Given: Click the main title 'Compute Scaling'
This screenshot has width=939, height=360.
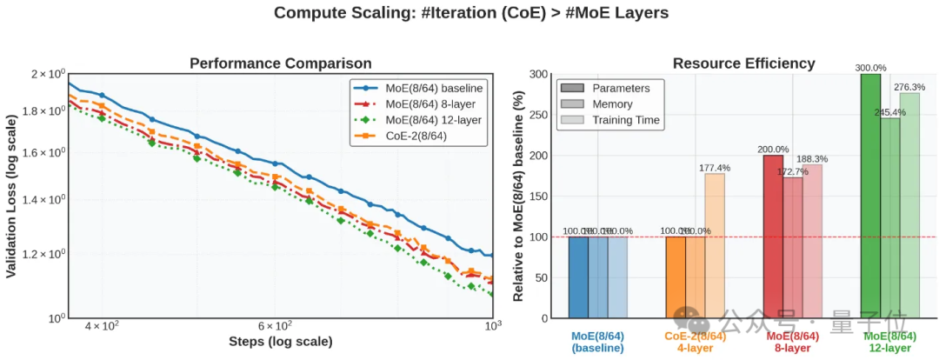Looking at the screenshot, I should click(470, 13).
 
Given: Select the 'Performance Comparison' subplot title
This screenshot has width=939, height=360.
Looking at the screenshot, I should click(281, 63).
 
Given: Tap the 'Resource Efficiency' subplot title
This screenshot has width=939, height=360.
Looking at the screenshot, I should click(743, 63).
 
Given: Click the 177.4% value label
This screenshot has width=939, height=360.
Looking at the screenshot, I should click(716, 167).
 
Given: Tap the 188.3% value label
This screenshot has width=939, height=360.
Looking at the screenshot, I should click(812, 158).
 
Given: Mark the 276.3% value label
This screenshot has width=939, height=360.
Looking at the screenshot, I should click(909, 87).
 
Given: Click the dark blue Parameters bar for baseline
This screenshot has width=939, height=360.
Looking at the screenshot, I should click(578, 277).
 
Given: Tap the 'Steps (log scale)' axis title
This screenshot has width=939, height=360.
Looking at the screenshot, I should click(280, 342).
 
